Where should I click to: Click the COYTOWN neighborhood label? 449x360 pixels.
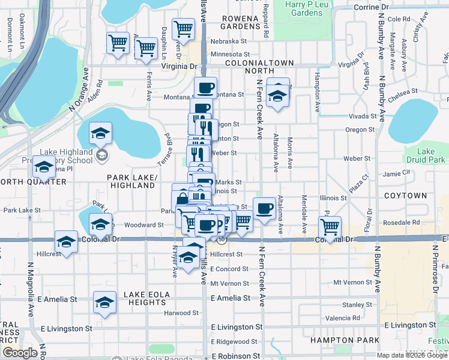(x=405, y=196)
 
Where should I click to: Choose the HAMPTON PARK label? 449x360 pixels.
(x=336, y=340)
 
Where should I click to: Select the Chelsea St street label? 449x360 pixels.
(x=403, y=92)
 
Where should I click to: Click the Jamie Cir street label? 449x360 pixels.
(x=396, y=173)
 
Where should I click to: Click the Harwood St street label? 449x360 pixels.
(x=181, y=313)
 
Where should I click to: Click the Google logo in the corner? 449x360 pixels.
(x=19, y=353)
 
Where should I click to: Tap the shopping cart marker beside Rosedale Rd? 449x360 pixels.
(x=329, y=227)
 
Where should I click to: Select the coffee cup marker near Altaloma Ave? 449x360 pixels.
(x=264, y=208)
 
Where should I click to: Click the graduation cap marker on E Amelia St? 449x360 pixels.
(x=104, y=302)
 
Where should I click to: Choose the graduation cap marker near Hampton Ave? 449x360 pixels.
(x=277, y=94)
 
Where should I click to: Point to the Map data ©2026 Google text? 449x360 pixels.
(x=411, y=355)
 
